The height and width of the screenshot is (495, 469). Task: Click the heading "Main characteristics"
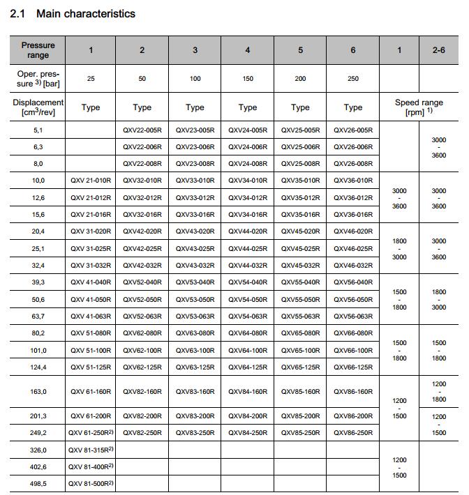tap(86, 13)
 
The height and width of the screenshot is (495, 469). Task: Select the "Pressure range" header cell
tap(38, 49)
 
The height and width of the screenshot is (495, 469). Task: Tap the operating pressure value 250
tap(353, 79)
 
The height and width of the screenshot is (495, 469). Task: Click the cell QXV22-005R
tap(142, 130)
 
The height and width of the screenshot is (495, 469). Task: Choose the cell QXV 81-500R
tap(91, 483)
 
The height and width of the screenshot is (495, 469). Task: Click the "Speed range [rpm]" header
tap(419, 107)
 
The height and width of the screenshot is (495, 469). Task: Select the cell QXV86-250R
tap(353, 433)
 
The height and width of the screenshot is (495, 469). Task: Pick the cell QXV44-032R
tap(248, 266)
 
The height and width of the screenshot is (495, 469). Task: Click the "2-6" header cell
tap(438, 49)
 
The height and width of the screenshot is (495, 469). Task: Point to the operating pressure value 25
tap(91, 79)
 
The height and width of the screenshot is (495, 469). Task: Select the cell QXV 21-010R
tap(91, 181)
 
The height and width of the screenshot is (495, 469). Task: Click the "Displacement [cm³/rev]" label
tap(38, 107)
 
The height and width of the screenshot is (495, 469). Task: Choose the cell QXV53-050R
tap(195, 299)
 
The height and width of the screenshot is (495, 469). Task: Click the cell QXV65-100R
tap(300, 350)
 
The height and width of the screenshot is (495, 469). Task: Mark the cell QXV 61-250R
tap(91, 433)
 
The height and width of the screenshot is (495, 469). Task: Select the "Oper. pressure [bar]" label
tap(38, 79)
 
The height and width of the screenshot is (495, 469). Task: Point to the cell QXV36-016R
tap(353, 215)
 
